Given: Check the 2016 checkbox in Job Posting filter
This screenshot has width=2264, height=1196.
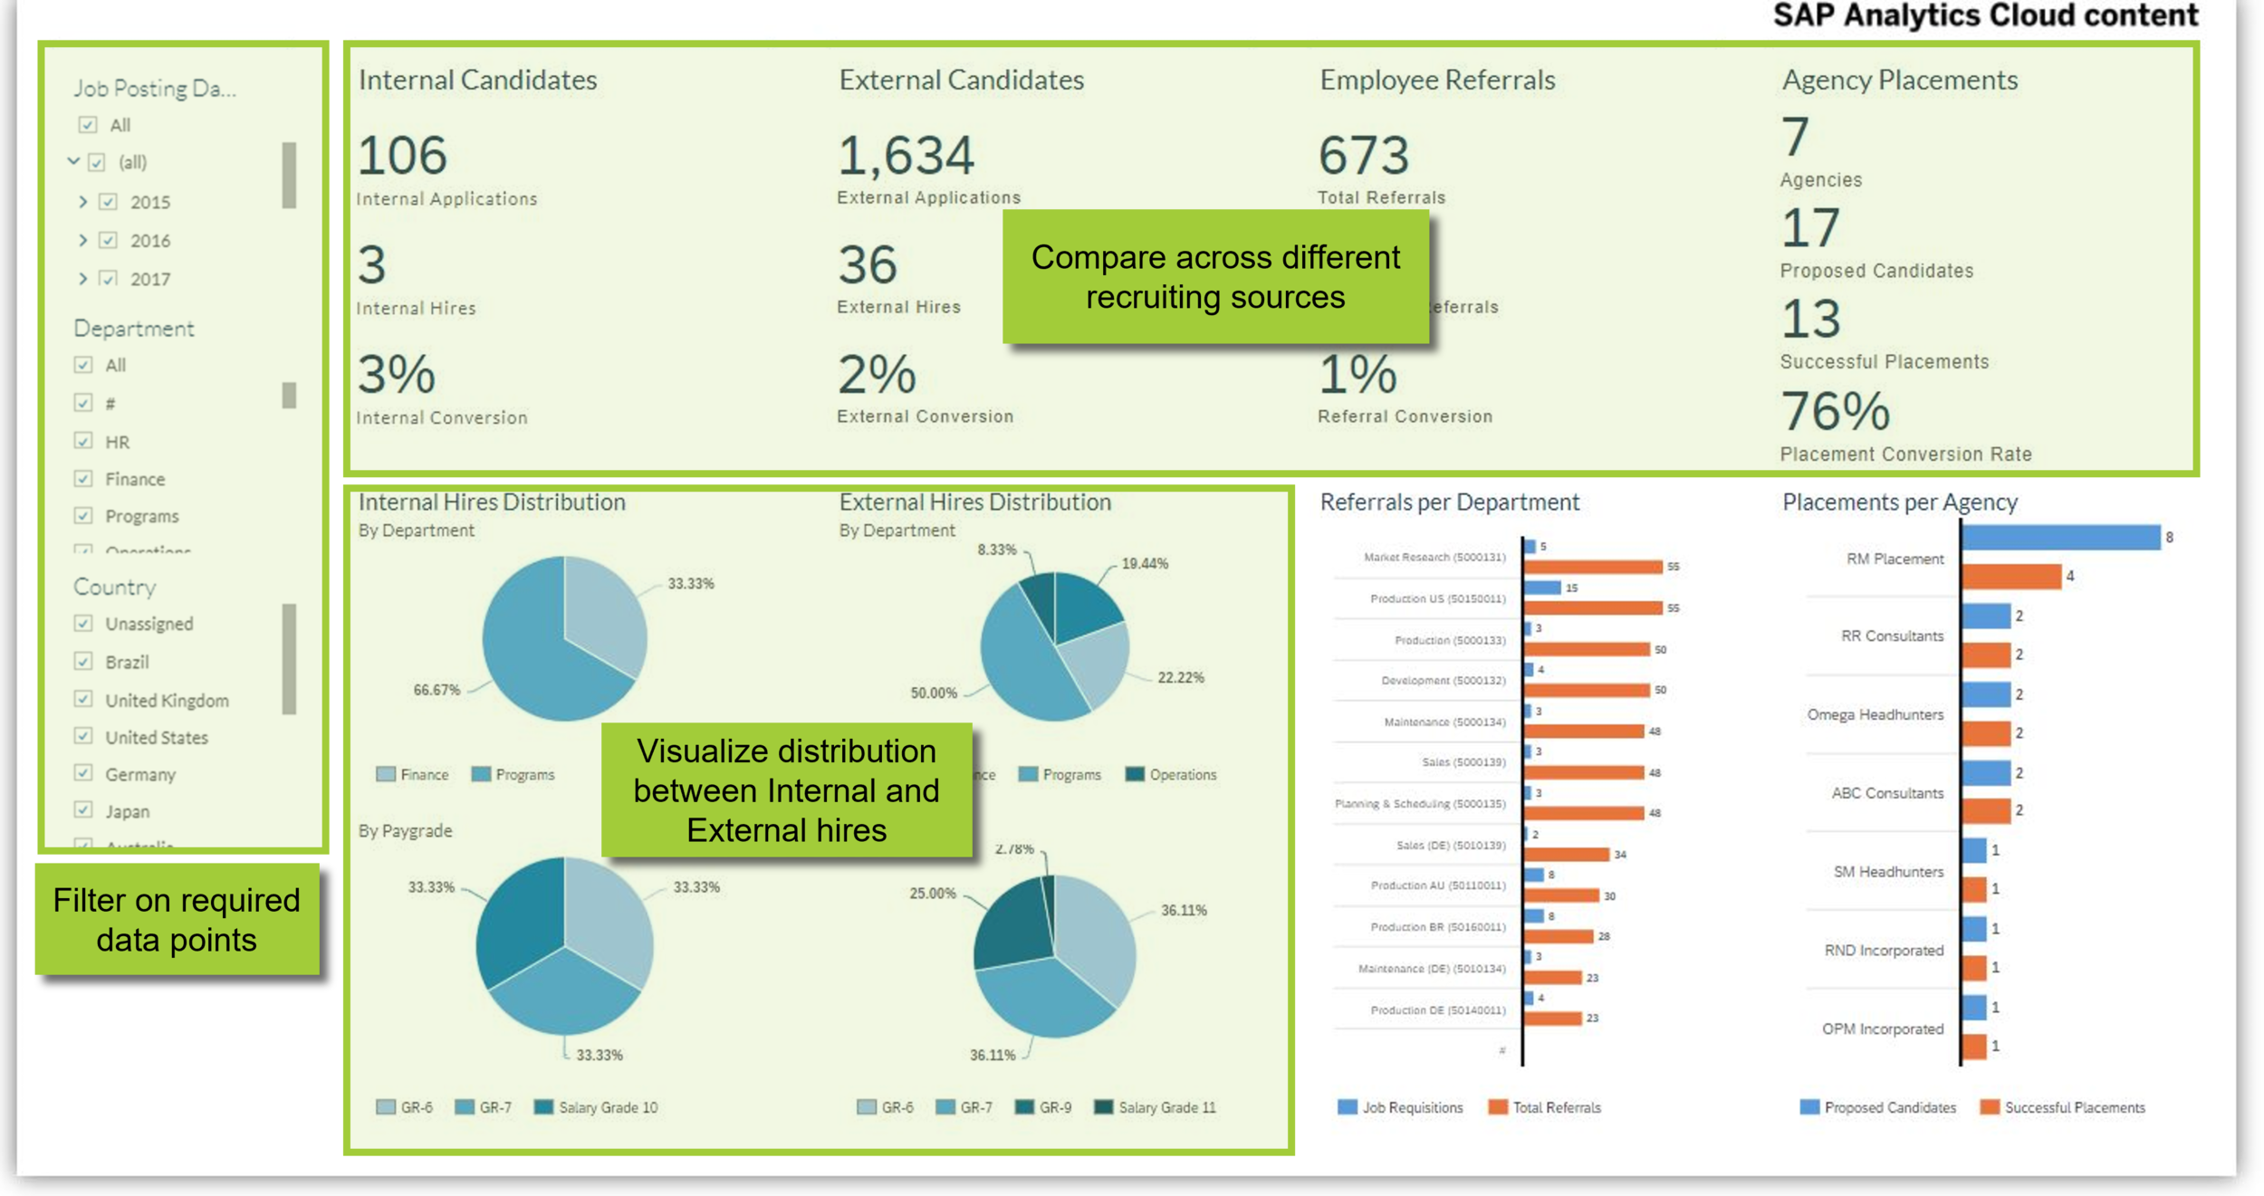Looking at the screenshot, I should coord(109,241).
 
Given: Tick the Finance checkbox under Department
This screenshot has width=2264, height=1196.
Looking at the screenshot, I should coord(83,478).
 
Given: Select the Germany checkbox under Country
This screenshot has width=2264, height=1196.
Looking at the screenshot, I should coord(83,773).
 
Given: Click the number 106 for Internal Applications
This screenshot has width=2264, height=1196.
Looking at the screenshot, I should coord(402,156).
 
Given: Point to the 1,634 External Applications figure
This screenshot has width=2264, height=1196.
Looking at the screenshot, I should coord(906,156).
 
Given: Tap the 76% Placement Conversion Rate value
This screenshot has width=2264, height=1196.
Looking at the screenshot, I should coord(1835,412).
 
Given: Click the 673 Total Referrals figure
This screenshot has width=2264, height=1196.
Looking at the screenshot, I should coord(1364,156).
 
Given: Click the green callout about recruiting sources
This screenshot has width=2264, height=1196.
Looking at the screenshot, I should coord(1215,277).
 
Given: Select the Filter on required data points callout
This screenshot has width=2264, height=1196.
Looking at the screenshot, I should coord(177,920).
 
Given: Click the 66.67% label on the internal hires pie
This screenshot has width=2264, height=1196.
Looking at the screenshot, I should coord(436,690).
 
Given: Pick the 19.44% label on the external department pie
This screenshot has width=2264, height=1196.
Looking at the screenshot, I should coord(1145,563).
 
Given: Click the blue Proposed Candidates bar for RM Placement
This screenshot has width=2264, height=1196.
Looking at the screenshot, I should coord(2060,538).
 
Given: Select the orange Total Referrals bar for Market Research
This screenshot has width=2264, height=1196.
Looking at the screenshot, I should coord(1593,567).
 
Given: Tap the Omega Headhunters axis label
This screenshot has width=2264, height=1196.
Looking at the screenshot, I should coord(1875,714).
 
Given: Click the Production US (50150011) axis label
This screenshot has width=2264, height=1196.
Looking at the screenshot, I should coord(1437,598).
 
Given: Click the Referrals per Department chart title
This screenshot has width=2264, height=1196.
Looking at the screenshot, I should coord(1449,502).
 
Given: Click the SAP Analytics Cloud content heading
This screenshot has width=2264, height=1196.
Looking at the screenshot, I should coord(1985,15).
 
